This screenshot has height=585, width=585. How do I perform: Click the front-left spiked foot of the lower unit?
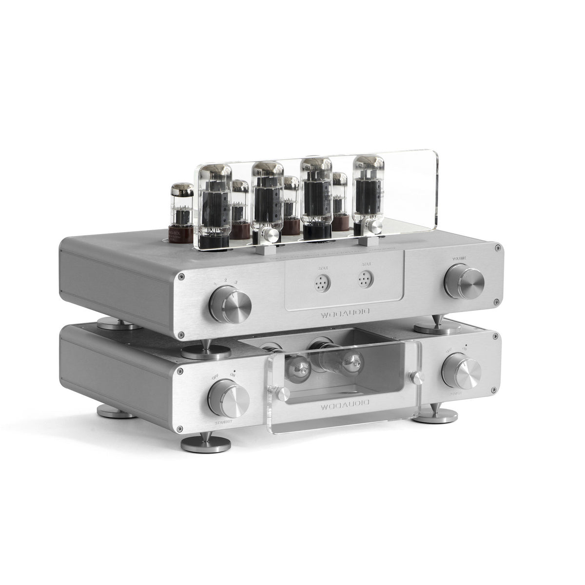(205, 443)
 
